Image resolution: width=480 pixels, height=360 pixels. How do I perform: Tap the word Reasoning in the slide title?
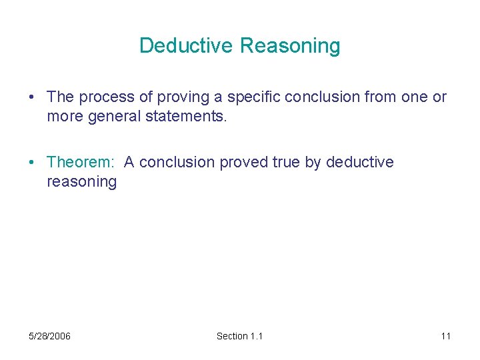(x=290, y=47)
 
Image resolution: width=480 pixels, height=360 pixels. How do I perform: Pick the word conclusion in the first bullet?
(x=321, y=97)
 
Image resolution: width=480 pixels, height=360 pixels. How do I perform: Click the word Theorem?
(x=80, y=162)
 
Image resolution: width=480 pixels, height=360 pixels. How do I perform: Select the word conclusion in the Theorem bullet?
(x=179, y=162)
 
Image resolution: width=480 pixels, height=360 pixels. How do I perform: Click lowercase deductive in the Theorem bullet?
(x=360, y=162)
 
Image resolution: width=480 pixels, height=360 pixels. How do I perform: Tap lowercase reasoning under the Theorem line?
(x=81, y=182)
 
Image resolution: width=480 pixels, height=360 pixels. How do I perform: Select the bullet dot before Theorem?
(x=32, y=163)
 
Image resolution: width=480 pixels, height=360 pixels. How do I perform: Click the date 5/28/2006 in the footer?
(x=50, y=336)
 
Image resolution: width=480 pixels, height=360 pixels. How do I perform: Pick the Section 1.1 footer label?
(x=239, y=336)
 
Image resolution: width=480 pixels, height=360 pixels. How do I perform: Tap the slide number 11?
(x=445, y=336)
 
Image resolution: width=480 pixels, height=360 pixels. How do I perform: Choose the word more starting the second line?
(x=63, y=117)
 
